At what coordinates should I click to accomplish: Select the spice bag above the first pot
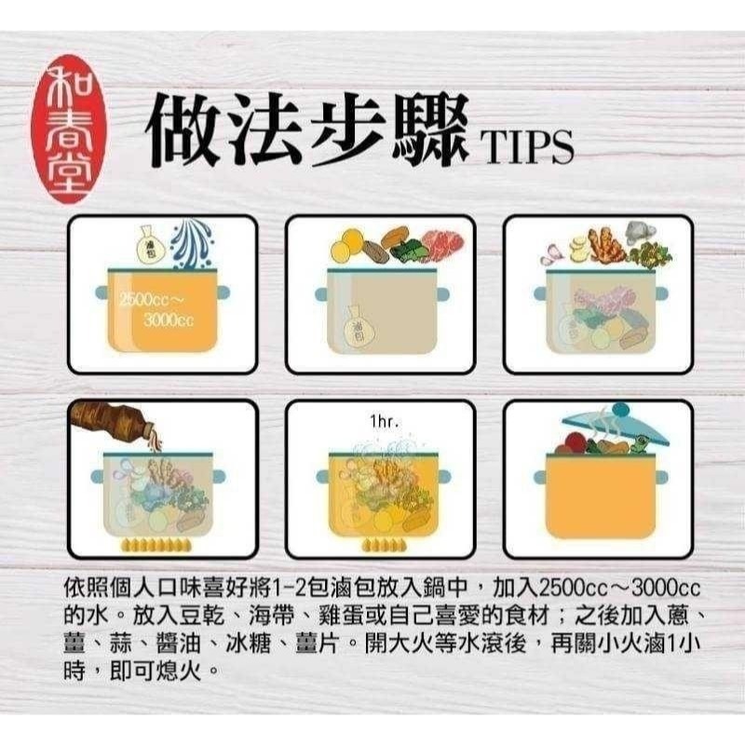[147, 243]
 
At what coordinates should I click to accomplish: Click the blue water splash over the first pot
[197, 245]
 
